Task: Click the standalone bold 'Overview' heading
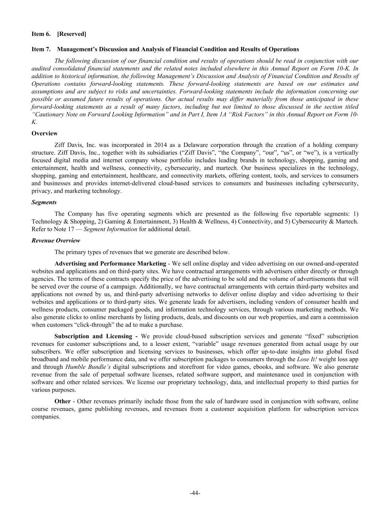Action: click(x=44, y=133)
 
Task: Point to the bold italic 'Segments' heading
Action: click(x=44, y=202)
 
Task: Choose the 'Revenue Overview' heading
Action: click(x=55, y=240)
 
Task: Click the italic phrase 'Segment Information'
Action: click(x=110, y=229)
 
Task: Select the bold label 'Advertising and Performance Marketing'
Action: click(x=110, y=263)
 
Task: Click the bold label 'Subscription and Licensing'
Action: click(x=93, y=336)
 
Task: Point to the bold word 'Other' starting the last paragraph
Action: click(x=62, y=401)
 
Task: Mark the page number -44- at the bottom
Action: click(x=195, y=493)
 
